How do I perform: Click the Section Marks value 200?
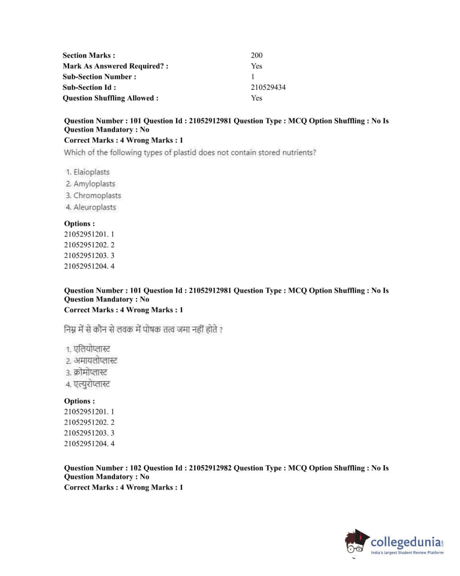pyautogui.click(x=257, y=55)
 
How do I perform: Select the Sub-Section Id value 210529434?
pyautogui.click(x=268, y=87)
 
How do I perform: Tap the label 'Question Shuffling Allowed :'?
pyautogui.click(x=110, y=98)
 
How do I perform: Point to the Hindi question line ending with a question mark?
pyautogui.click(x=143, y=330)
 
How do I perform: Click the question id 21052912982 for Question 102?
pyautogui.click(x=210, y=468)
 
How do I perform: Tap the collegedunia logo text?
pyautogui.click(x=406, y=541)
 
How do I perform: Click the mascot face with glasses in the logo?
pyautogui.click(x=355, y=547)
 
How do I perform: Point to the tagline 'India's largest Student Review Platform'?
pyautogui.click(x=407, y=553)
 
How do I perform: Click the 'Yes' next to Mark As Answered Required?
pyautogui.click(x=256, y=66)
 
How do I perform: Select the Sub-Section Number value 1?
pyautogui.click(x=253, y=77)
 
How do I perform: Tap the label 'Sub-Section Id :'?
pyautogui.click(x=89, y=87)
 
